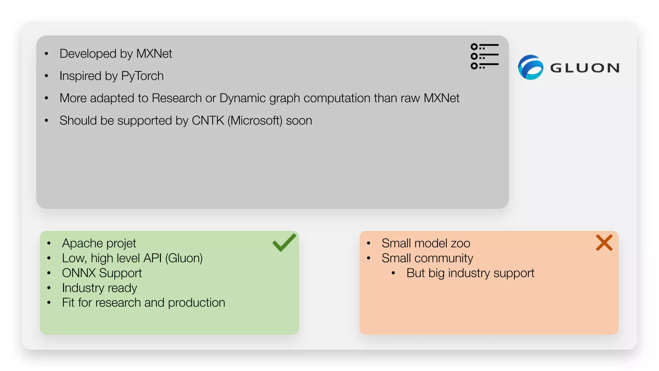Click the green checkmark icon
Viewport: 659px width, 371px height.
(x=283, y=243)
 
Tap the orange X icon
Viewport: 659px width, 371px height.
(x=604, y=243)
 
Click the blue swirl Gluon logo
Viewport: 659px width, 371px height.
(x=530, y=67)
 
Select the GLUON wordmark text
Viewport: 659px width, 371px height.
(x=585, y=68)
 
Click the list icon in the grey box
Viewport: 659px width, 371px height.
(x=484, y=56)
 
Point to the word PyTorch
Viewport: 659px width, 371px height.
(x=142, y=76)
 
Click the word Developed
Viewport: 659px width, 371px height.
(x=88, y=54)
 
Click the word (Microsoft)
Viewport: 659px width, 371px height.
(x=255, y=120)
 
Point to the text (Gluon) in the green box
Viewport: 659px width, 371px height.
(x=184, y=258)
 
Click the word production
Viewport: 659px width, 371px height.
(x=196, y=303)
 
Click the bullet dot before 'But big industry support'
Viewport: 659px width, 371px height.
(x=393, y=273)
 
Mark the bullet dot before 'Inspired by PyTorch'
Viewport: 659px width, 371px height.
(x=47, y=76)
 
